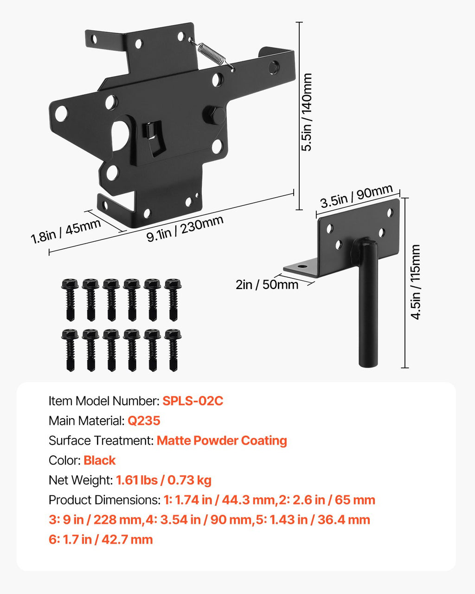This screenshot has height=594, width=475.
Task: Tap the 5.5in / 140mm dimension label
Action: pyautogui.click(x=306, y=112)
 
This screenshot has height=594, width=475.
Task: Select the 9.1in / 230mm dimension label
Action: pyautogui.click(x=185, y=228)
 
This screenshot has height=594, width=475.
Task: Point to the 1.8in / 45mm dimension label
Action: pyautogui.click(x=65, y=231)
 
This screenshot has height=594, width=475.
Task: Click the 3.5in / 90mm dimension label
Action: pyautogui.click(x=357, y=195)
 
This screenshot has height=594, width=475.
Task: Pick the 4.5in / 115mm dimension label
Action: pyautogui.click(x=415, y=282)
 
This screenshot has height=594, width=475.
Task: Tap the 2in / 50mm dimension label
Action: pyautogui.click(x=267, y=284)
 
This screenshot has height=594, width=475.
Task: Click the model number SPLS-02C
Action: pyautogui.click(x=193, y=401)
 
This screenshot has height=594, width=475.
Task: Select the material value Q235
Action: pyautogui.click(x=144, y=420)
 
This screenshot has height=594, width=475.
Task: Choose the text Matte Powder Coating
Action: pyautogui.click(x=222, y=440)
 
